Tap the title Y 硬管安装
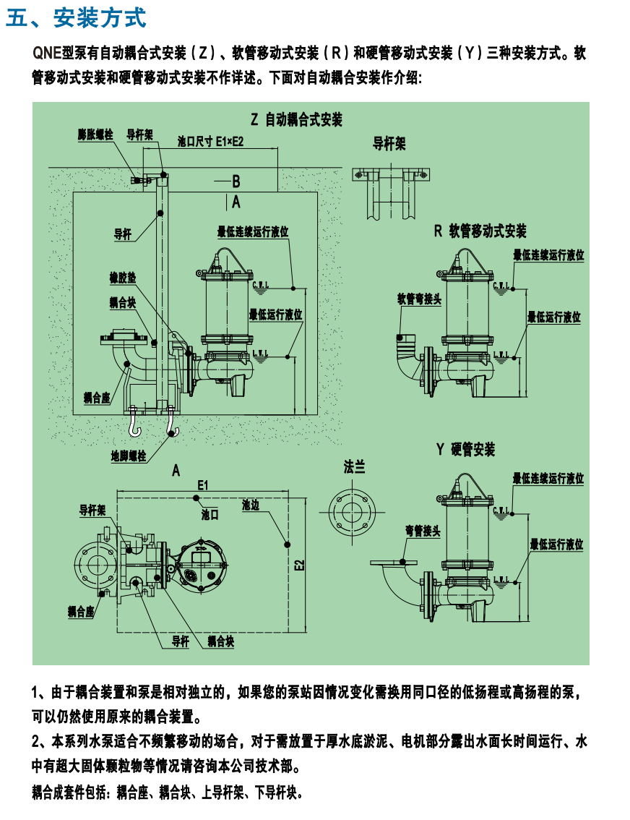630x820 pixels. pos(465,450)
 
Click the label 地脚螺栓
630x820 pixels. pos(128,456)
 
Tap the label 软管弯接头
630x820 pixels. pos(418,299)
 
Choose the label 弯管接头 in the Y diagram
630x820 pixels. pos(423,531)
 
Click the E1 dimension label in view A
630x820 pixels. pos(202,484)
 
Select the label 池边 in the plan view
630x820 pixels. pos(251,505)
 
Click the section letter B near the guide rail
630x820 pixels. pos(236,180)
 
